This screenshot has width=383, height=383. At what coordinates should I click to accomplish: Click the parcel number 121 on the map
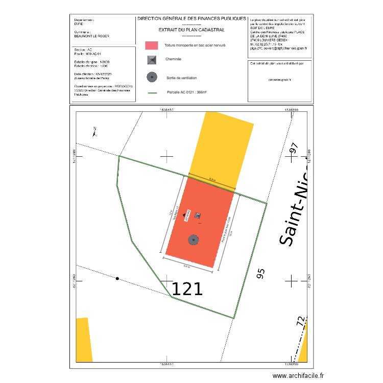click(x=186, y=289)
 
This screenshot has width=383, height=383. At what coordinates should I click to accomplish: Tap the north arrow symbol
click(x=94, y=132)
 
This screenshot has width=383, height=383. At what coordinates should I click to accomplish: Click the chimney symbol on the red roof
click(x=198, y=217)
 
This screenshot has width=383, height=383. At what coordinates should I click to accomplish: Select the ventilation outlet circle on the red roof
click(x=193, y=240)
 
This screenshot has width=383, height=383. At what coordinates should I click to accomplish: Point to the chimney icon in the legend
click(x=151, y=60)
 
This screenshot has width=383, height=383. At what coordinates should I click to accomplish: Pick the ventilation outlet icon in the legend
click(x=151, y=78)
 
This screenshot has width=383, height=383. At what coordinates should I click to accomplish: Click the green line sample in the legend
click(x=151, y=93)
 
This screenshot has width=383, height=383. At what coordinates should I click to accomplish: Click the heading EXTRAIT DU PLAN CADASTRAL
click(x=192, y=30)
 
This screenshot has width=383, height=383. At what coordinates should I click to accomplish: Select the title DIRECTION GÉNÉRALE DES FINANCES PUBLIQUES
click(x=192, y=18)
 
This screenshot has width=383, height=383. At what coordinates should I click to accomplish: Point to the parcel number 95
click(x=261, y=273)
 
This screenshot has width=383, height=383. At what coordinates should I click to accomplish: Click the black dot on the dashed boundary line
click(x=117, y=278)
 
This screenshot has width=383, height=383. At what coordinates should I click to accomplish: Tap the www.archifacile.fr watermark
click(x=299, y=375)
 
